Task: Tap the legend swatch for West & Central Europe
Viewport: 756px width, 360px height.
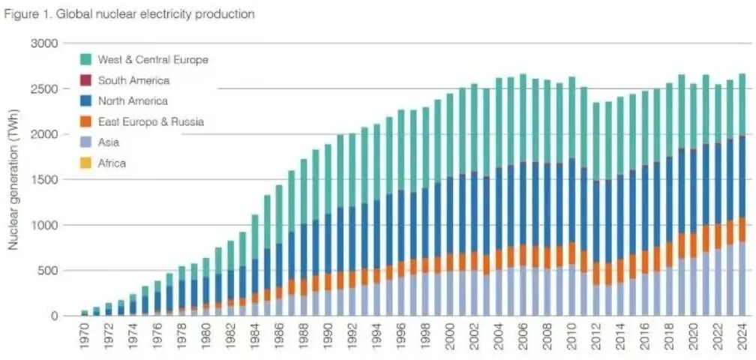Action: (85, 59)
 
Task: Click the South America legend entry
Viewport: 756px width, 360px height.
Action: (133, 80)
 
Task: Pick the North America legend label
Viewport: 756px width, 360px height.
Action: (133, 100)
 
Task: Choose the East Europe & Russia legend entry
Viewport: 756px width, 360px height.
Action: (151, 121)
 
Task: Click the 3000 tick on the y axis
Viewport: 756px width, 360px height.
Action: (45, 43)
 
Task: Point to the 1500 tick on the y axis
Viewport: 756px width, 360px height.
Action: (45, 180)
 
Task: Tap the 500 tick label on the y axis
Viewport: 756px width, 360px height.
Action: (48, 271)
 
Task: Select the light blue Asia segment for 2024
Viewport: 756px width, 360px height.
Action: (742, 278)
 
